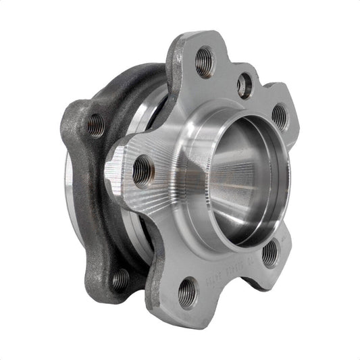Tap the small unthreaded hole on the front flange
click(x=245, y=85)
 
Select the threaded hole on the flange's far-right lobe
click(x=279, y=116)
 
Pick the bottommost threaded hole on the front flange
click(x=188, y=292)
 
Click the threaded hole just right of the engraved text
click(x=269, y=253)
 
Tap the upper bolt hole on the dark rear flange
click(x=96, y=126)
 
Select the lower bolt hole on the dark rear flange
click(x=120, y=278)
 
